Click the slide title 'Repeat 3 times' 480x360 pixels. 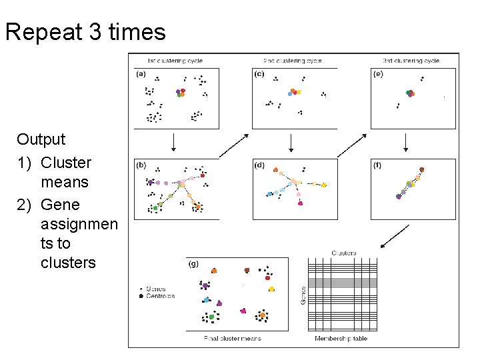click(85, 31)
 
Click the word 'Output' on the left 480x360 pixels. click(41, 139)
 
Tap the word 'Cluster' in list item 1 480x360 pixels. click(66, 163)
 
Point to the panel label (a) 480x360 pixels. click(141, 75)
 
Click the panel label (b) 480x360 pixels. click(141, 165)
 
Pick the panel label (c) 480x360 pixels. click(259, 74)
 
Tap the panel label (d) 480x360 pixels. click(260, 165)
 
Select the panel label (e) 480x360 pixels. click(378, 74)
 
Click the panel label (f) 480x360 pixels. click(377, 165)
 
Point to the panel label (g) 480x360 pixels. click(193, 264)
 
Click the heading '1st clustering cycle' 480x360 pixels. click(175, 61)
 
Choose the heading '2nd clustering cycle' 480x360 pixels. click(293, 61)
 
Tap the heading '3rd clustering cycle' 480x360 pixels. click(411, 61)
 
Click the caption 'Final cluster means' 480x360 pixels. click(232, 339)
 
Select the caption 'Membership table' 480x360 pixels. click(341, 339)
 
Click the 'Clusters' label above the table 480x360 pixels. click(343, 253)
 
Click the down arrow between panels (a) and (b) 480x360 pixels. click(173, 142)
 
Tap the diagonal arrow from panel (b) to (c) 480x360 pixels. click(233, 143)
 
